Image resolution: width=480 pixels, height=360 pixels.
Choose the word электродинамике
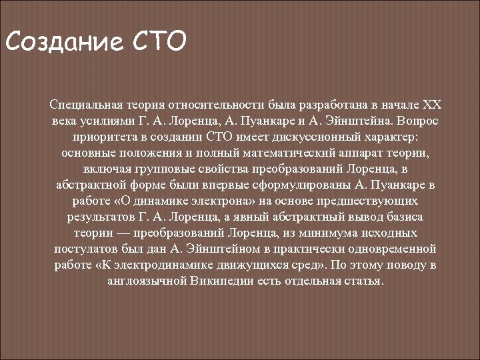[x=169, y=265]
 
